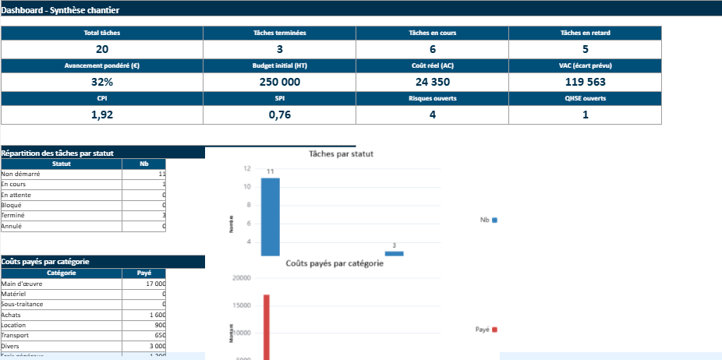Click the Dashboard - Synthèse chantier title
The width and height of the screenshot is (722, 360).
(61, 9)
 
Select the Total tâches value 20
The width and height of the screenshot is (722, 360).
(101, 49)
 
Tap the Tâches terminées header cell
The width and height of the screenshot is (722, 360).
(279, 33)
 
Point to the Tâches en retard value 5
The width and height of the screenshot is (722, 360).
(585, 49)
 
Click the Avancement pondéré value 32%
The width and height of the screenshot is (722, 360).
(101, 82)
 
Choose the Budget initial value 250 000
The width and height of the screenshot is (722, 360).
(279, 82)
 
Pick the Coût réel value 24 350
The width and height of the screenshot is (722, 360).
(432, 82)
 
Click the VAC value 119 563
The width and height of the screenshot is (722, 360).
(585, 82)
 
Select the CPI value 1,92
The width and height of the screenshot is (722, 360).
(101, 115)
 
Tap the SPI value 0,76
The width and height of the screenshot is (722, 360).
(279, 115)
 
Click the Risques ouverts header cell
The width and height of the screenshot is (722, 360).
(432, 98)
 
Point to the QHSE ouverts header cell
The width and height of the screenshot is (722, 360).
(585, 98)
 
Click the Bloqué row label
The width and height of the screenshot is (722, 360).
(12, 205)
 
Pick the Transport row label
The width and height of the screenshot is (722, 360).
(16, 335)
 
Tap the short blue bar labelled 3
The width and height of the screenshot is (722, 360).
(394, 253)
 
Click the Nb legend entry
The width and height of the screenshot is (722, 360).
(489, 221)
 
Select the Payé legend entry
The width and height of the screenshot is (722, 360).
(487, 330)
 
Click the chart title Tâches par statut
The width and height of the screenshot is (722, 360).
(341, 154)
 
